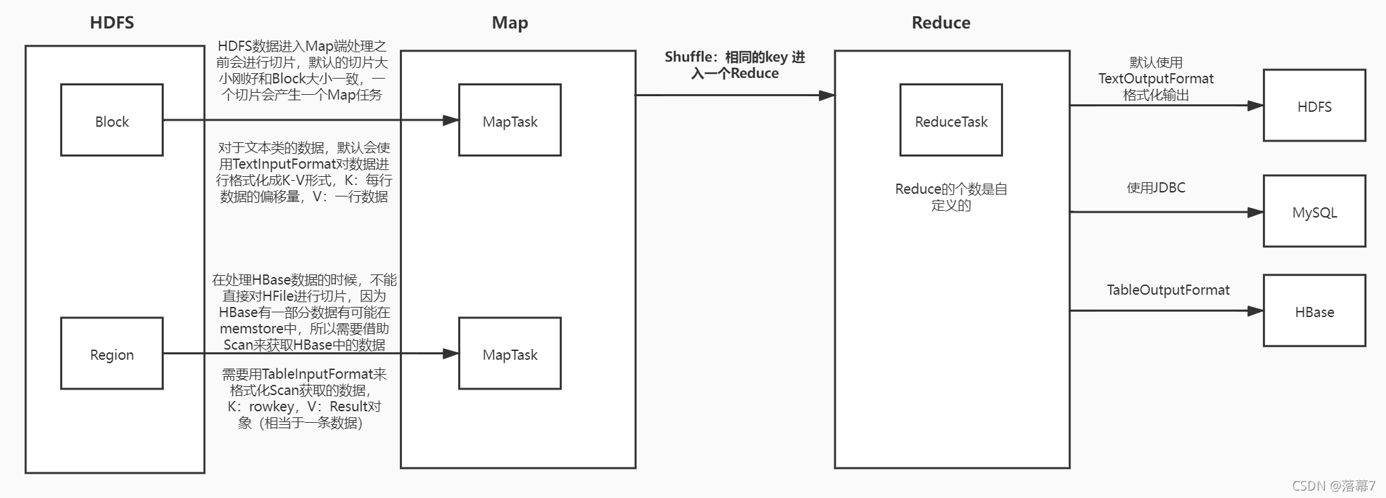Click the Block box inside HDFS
112,121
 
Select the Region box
112,354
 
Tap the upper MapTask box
510,121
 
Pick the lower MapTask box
510,354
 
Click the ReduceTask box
951,121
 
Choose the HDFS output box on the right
1314,106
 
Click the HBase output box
1314,311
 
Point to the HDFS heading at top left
112,22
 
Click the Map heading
510,22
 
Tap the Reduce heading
941,22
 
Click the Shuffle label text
734,65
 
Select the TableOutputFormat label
1168,290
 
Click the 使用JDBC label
1156,188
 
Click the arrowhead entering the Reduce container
826,96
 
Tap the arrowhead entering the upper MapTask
451,121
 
